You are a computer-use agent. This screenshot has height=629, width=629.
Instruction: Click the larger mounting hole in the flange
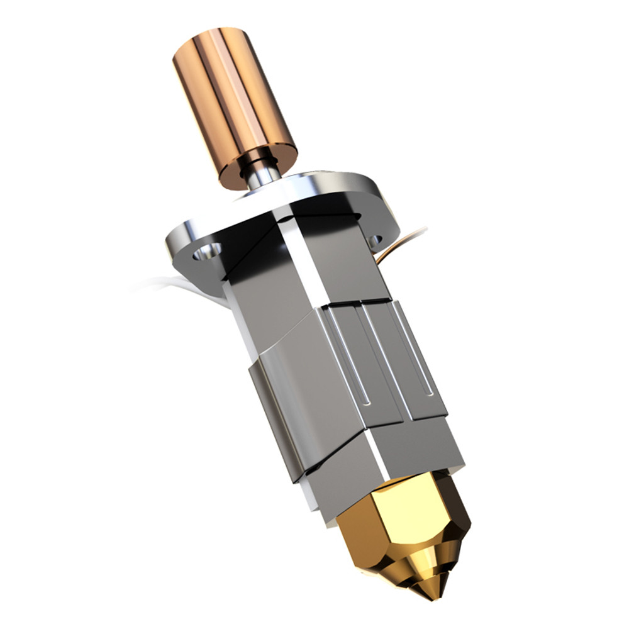tap(206, 253)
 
